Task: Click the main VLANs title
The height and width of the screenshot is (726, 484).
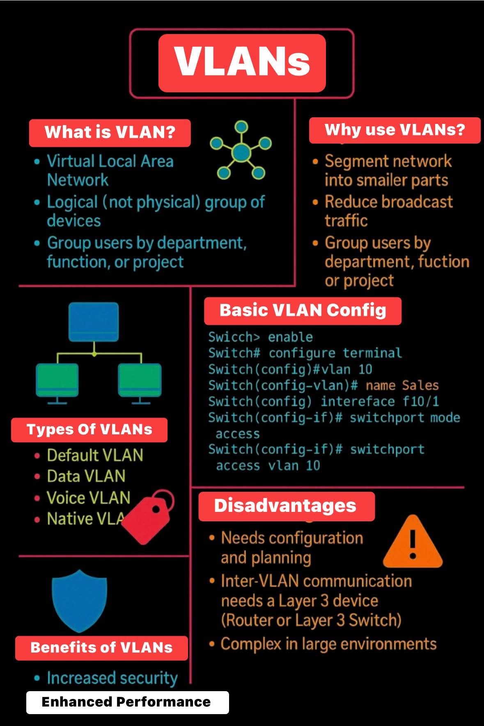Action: point(242,62)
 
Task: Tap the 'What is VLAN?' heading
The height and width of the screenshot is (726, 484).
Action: point(110,132)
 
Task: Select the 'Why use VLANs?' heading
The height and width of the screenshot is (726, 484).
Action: point(395,130)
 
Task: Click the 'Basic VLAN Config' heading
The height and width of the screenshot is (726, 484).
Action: point(303,310)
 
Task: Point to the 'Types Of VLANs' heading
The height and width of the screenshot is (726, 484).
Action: point(89,430)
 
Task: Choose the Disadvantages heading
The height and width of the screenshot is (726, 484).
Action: point(285,506)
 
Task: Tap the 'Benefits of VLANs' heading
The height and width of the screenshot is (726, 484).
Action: point(101,648)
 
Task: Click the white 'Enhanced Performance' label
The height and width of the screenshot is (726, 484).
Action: point(126,702)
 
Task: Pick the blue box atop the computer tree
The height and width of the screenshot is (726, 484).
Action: point(94,322)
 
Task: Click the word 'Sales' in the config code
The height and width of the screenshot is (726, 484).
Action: point(420,386)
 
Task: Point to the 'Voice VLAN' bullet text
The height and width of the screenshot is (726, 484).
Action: point(88,498)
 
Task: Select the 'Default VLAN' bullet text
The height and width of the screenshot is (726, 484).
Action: point(95,456)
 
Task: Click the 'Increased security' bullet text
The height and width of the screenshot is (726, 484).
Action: point(112,678)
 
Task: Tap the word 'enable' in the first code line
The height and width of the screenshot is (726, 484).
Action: point(290,337)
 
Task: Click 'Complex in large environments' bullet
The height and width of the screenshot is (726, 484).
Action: point(328,644)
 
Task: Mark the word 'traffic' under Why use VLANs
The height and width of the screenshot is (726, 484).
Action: point(346,221)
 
